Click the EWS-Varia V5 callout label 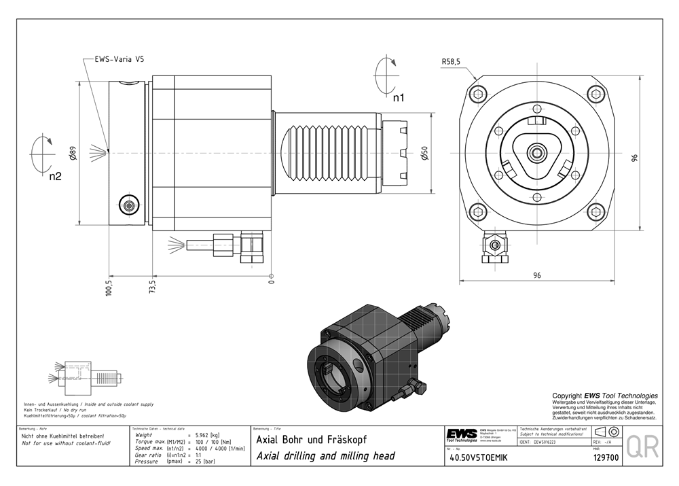[x=119, y=60]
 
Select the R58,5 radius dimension [x=451, y=62]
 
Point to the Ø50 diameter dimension [x=424, y=154]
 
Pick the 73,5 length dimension [x=153, y=285]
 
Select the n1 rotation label [x=399, y=97]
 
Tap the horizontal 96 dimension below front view [x=537, y=275]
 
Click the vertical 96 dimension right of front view [x=634, y=158]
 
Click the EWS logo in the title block [x=462, y=434]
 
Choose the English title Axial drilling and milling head [x=325, y=455]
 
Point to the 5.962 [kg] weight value [x=208, y=435]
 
